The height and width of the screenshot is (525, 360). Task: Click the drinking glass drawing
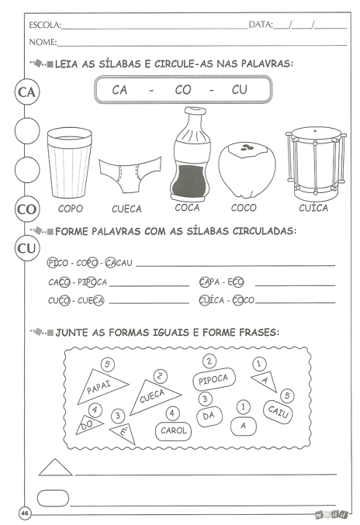69,162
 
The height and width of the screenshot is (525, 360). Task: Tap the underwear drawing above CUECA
130,174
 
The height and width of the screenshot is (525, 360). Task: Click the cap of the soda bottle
195,111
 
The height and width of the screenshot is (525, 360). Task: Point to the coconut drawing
247,170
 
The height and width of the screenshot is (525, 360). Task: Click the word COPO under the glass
71,209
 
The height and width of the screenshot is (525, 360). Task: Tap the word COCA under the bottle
187,208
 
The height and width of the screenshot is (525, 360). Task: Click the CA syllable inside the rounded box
119,90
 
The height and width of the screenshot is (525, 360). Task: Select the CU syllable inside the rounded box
240,89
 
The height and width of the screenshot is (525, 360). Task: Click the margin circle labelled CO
27,209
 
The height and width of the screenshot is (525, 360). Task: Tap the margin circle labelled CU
27,248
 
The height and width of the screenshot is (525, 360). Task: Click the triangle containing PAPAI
102,386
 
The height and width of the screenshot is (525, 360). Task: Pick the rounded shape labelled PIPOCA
213,379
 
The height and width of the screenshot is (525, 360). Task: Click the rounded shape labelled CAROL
174,430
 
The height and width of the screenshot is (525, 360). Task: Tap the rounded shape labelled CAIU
278,412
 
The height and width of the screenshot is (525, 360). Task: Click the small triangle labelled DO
88,425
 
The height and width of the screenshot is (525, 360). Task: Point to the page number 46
25,513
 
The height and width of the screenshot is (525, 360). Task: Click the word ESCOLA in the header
44,25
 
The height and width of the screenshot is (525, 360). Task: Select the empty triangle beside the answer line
56,468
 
